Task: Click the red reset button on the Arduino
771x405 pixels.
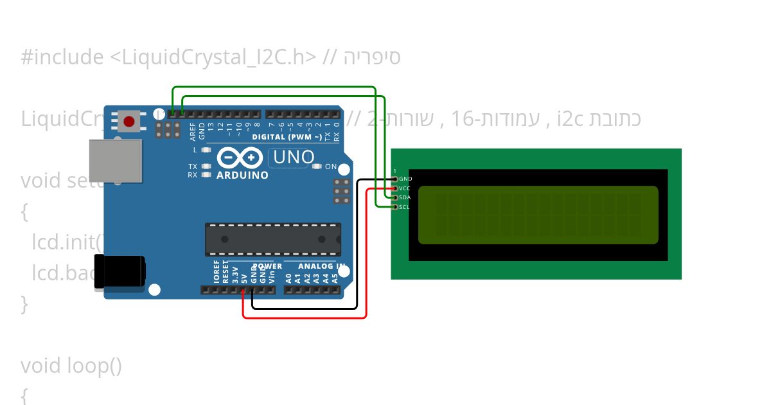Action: click(129, 121)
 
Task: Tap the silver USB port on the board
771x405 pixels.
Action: click(116, 161)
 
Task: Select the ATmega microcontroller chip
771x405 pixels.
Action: click(273, 239)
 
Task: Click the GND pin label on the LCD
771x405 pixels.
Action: click(405, 179)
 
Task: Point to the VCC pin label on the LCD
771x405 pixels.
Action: click(405, 188)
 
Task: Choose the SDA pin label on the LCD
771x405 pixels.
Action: click(405, 197)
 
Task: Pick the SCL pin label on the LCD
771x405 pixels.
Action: click(404, 207)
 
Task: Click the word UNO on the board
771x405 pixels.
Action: click(294, 157)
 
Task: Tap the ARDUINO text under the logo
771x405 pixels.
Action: click(242, 175)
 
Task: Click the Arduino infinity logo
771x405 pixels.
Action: click(240, 157)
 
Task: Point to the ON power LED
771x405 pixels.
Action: click(316, 166)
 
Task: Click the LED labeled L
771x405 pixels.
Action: click(206, 150)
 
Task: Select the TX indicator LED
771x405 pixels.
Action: click(206, 166)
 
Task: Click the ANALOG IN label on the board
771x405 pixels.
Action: click(321, 266)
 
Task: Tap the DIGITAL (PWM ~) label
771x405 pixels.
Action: click(287, 137)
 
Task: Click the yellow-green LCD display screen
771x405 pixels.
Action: click(538, 215)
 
